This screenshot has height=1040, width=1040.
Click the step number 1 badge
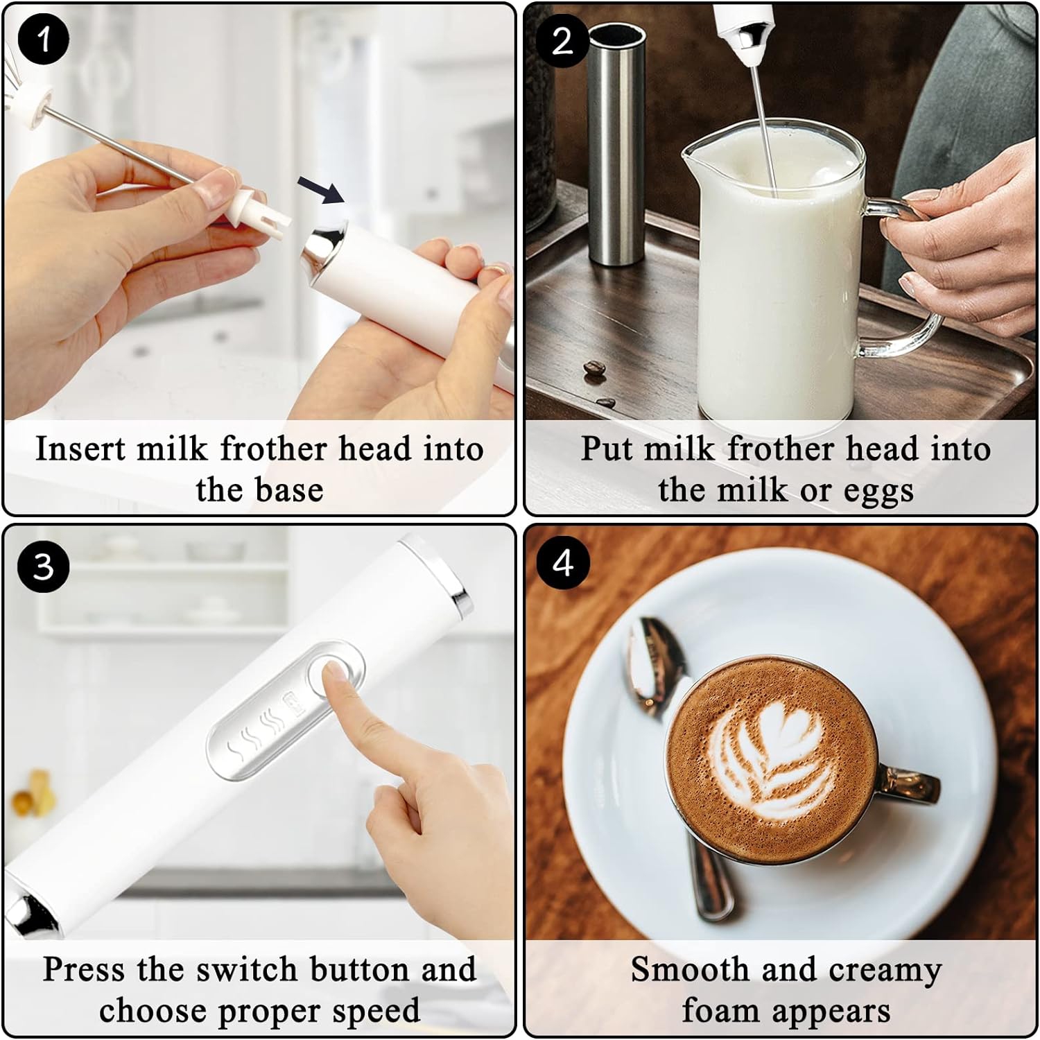click(x=43, y=40)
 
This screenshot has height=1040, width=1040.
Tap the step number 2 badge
click(x=562, y=41)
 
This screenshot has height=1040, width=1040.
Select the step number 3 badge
click(x=43, y=566)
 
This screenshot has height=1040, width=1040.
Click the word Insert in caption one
click(x=80, y=449)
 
